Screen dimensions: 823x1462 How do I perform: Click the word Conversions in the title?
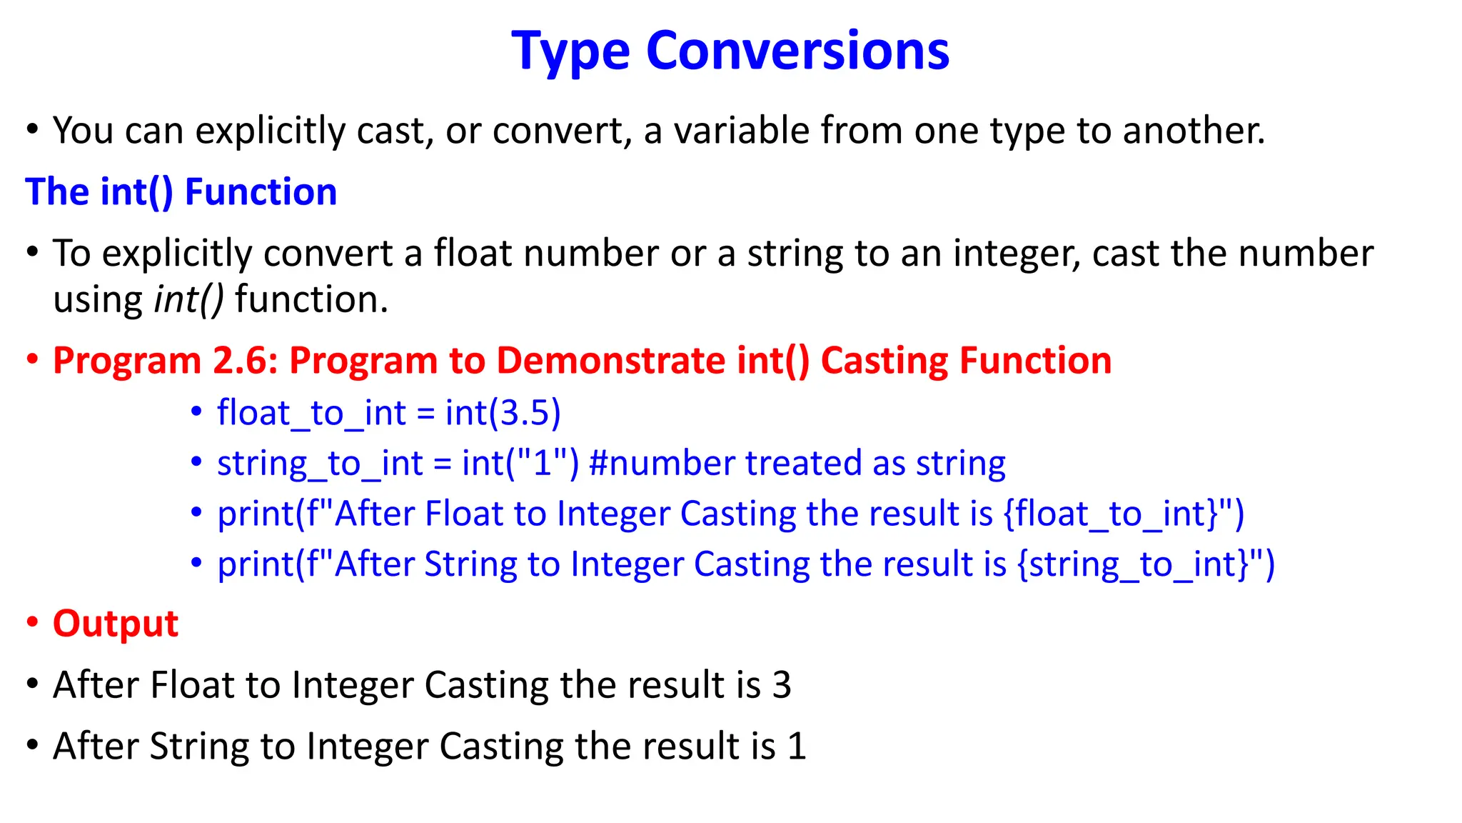797,51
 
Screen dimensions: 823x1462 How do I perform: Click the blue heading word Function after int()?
261,192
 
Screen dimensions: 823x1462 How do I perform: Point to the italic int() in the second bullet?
188,299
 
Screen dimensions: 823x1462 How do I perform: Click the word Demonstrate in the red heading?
611,361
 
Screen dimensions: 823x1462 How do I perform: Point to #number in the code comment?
662,464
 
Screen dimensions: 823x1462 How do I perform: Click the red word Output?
115,624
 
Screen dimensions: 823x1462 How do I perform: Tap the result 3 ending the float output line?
782,685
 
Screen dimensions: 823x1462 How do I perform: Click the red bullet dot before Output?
32,623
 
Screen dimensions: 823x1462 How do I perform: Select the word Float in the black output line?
192,685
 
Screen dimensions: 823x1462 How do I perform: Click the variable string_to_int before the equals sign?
320,464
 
